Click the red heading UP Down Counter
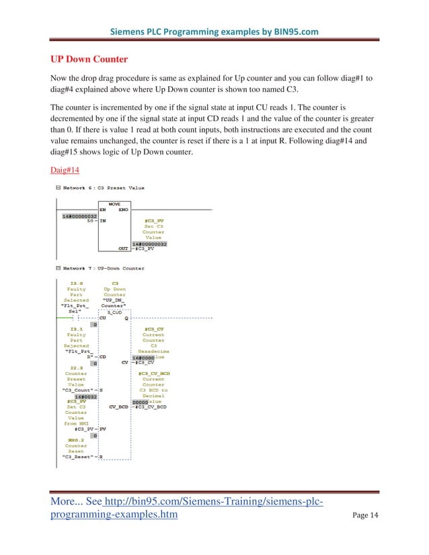click(89, 59)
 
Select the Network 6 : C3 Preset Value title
click(104, 187)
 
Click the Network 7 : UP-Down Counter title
click(104, 268)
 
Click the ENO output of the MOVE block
click(123, 210)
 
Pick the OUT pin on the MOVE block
click(123, 249)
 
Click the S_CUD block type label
click(114, 312)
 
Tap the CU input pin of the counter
click(104, 318)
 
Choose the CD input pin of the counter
click(104, 357)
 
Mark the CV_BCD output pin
click(118, 407)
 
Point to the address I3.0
click(76, 284)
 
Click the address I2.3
click(76, 368)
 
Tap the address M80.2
click(76, 439)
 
